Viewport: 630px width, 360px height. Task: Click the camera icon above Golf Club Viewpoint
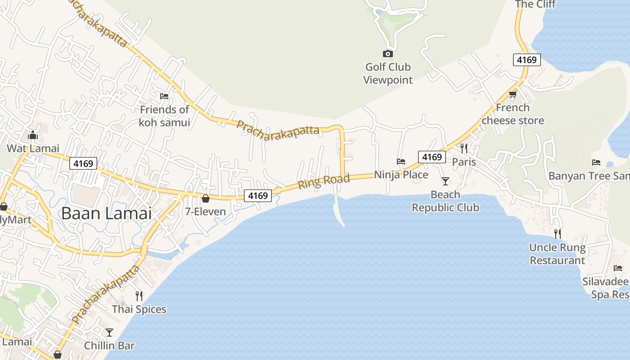387,54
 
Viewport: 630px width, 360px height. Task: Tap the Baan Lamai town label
107,213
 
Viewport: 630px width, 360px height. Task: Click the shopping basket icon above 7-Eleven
206,198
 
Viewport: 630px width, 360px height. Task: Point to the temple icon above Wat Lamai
32,135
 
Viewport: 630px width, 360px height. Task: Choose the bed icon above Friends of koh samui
164,96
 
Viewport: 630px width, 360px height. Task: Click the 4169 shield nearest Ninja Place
432,157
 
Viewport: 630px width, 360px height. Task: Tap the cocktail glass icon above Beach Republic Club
445,181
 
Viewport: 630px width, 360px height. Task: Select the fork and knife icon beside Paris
464,148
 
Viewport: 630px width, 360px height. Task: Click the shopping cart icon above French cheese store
513,94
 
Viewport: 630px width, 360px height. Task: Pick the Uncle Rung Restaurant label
557,254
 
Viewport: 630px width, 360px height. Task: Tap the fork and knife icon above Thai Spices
139,296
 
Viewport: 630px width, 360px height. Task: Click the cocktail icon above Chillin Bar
109,333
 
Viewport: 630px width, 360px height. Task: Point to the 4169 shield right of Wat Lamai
83,163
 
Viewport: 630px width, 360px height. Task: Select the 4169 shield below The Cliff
526,60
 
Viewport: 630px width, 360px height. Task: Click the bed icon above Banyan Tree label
596,162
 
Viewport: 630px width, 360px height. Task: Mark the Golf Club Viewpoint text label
387,73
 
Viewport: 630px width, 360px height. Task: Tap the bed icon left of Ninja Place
401,162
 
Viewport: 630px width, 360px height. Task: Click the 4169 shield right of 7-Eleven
258,196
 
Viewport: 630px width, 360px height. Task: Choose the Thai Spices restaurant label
139,310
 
